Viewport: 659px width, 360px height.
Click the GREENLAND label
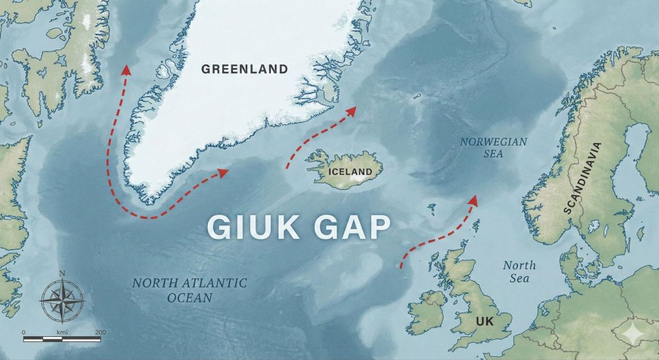click(244, 69)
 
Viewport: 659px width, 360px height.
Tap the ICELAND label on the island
click(350, 172)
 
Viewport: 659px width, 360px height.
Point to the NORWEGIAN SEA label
click(494, 147)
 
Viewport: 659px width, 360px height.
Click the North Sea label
click(519, 271)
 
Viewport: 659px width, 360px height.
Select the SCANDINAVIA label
click(580, 177)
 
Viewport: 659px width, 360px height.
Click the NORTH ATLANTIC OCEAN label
click(189, 290)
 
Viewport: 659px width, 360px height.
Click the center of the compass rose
click(62, 301)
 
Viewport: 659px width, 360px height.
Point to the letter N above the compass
click(62, 273)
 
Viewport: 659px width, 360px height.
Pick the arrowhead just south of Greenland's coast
click(223, 172)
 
